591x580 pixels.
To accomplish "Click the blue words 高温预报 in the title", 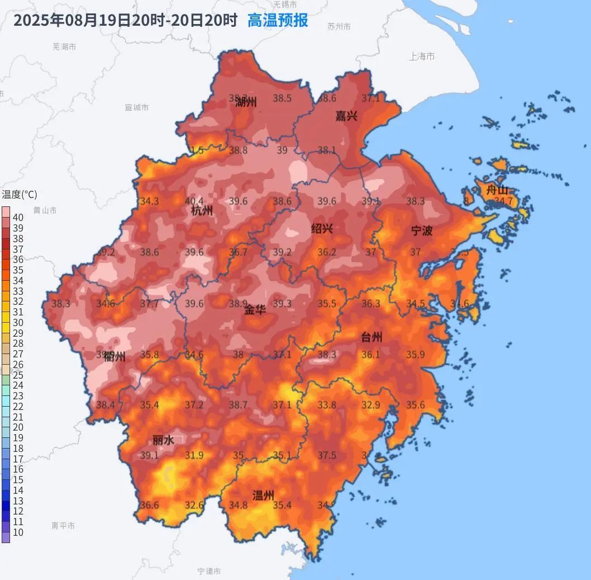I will [x=278, y=21].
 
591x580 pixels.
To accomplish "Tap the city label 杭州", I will [x=202, y=211].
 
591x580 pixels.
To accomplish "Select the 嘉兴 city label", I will [x=346, y=116].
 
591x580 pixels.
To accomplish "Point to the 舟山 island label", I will [x=497, y=190].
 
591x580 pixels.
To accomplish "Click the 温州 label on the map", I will [x=263, y=495].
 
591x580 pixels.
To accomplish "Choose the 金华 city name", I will [x=255, y=309].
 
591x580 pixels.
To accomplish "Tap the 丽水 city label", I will [x=164, y=440].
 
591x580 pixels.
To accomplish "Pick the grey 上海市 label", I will [x=422, y=56].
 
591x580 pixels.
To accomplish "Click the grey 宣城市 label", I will [x=137, y=107].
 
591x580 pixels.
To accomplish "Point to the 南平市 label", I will [x=63, y=526].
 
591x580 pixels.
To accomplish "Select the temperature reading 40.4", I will [x=194, y=201].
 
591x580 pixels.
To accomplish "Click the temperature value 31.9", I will [x=194, y=455].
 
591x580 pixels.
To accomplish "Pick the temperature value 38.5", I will [x=282, y=98].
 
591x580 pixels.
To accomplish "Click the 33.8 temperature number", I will [x=327, y=405].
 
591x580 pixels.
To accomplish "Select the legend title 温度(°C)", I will [x=20, y=195].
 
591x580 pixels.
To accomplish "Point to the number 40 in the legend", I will [x=18, y=218].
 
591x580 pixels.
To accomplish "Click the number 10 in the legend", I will [x=18, y=532].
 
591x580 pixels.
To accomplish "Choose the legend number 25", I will [x=18, y=375].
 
